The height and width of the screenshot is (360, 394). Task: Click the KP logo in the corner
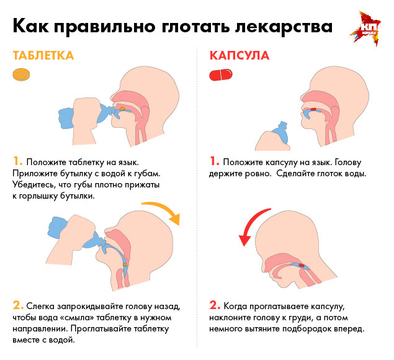coord(365,29)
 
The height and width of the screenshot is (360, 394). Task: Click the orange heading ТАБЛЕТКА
coord(43,56)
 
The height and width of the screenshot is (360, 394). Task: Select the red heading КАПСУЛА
coord(240,56)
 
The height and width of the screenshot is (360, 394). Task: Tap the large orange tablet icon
coord(21,74)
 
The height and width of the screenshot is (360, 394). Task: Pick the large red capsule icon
coord(221,74)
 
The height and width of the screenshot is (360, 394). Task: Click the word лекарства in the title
coord(284,26)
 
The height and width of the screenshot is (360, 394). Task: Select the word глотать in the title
coord(195,26)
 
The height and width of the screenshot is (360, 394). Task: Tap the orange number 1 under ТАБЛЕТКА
coord(17,161)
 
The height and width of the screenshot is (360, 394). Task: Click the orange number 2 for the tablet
coord(18,305)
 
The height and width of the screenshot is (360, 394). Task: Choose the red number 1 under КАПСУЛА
coord(214,161)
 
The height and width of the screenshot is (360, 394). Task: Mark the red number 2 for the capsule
coord(215,305)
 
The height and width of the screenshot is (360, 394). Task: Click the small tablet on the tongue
coord(122,109)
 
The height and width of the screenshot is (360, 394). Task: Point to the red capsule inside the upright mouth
coord(313,109)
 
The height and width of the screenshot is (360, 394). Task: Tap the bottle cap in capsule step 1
coord(283,124)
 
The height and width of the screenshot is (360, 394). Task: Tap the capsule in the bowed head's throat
coord(302,266)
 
